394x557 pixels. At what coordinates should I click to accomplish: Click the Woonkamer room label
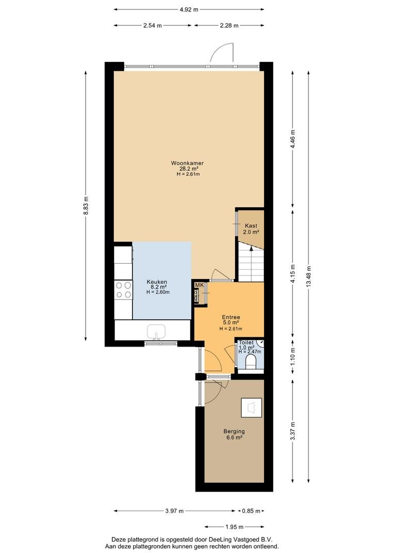pyautogui.click(x=187, y=163)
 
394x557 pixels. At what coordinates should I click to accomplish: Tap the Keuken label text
pyautogui.click(x=157, y=282)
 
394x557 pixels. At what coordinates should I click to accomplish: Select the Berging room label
pyautogui.click(x=234, y=432)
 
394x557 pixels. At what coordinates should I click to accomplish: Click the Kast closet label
pyautogui.click(x=251, y=225)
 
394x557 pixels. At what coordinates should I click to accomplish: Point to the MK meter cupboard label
pyautogui.click(x=199, y=285)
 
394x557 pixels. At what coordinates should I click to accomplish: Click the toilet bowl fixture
pyautogui.click(x=251, y=362)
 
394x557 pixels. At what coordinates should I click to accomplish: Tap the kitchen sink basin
pyautogui.click(x=156, y=332)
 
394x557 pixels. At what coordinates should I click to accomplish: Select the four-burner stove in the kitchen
pyautogui.click(x=123, y=289)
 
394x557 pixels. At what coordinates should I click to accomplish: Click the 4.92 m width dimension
pyautogui.click(x=189, y=10)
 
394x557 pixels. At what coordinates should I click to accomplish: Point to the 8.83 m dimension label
pyautogui.click(x=86, y=206)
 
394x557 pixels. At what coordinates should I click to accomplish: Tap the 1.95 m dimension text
pyautogui.click(x=235, y=527)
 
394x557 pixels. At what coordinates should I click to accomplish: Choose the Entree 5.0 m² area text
pyautogui.click(x=231, y=322)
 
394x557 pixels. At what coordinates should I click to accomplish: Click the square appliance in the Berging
pyautogui.click(x=252, y=407)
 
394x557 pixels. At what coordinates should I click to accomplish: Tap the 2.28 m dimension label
pyautogui.click(x=229, y=25)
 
